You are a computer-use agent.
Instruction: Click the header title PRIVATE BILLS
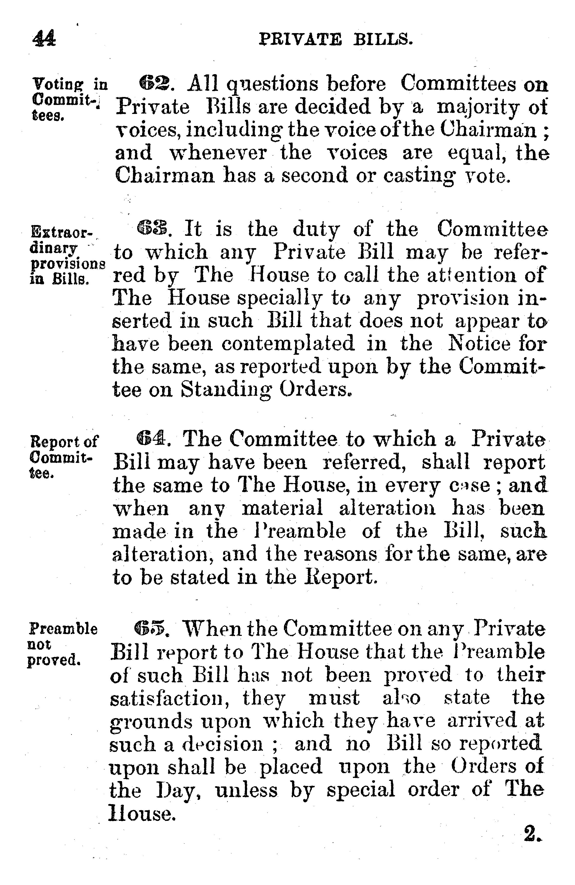pos(336,39)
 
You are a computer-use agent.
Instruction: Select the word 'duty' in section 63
pos(315,230)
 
